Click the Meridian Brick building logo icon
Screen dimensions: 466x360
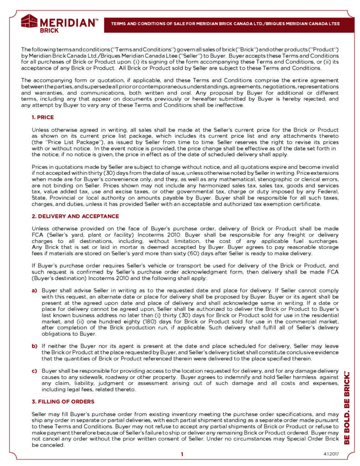[x=30, y=21]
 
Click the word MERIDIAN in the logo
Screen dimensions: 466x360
[x=68, y=21]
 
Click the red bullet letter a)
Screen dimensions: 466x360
[x=34, y=289]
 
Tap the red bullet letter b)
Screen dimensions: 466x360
[x=34, y=346]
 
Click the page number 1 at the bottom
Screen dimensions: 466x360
[x=182, y=454]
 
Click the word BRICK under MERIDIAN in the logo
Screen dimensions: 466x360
[x=49, y=30]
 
